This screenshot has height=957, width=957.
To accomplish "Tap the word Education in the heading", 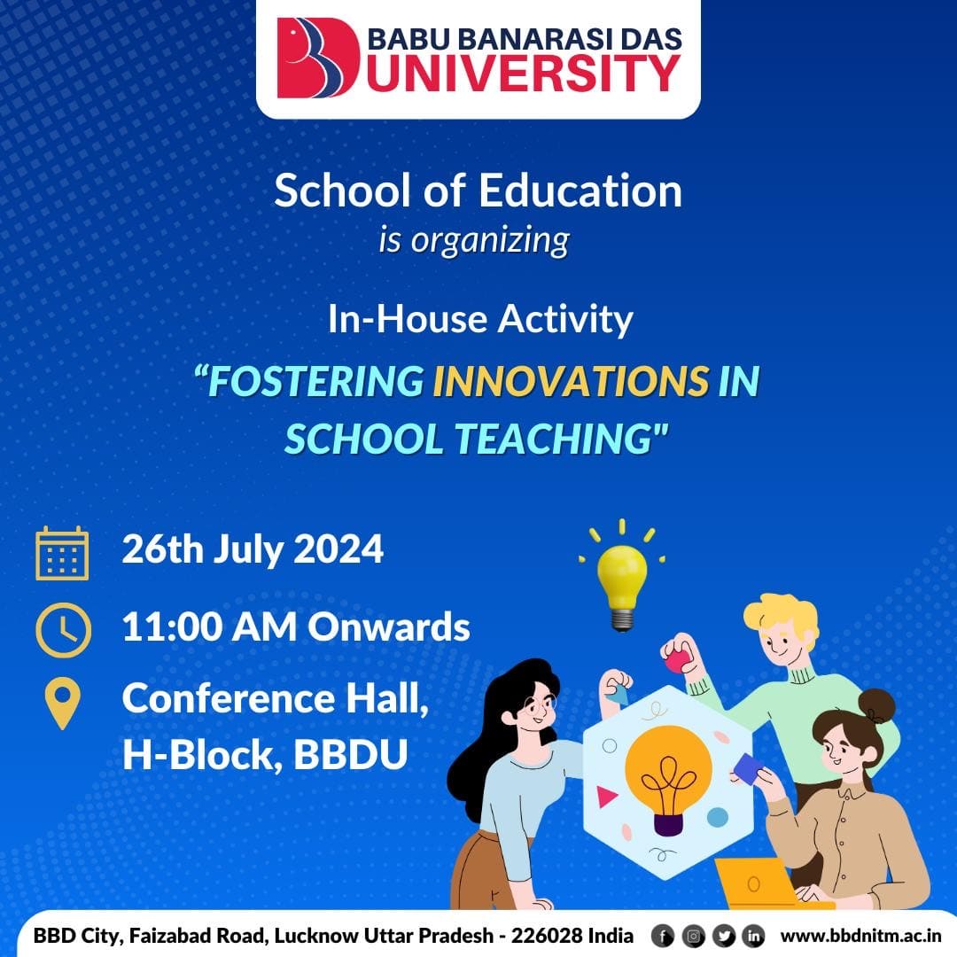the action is [x=580, y=191].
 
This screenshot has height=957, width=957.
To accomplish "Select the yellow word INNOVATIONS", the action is [x=571, y=381].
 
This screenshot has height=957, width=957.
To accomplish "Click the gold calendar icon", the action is [x=62, y=553].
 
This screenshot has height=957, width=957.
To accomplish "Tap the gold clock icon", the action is [x=64, y=630].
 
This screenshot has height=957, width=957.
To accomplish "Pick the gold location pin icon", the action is [x=63, y=703].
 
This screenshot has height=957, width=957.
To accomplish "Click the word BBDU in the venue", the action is [x=350, y=754].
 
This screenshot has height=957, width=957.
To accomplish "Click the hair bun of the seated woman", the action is [x=876, y=706].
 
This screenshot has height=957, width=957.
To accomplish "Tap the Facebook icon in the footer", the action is [x=663, y=936].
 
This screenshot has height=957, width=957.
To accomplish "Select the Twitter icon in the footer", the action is [x=723, y=936].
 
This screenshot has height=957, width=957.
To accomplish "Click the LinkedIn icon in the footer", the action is [x=753, y=936].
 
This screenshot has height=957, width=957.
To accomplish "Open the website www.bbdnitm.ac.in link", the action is [x=860, y=936].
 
